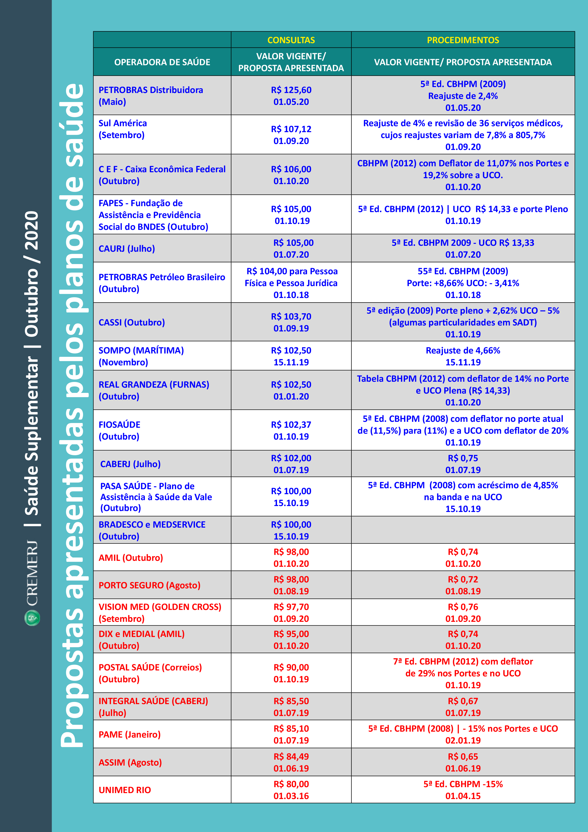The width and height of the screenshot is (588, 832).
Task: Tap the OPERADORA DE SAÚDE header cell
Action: point(162,62)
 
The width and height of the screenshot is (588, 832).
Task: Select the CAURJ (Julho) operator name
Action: point(127,249)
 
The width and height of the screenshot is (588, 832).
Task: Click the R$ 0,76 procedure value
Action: point(463,607)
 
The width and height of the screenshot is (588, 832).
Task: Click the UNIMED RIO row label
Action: point(124,790)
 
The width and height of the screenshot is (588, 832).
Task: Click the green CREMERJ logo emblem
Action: point(32,618)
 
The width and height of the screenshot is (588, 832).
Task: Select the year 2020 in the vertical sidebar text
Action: point(32,230)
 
